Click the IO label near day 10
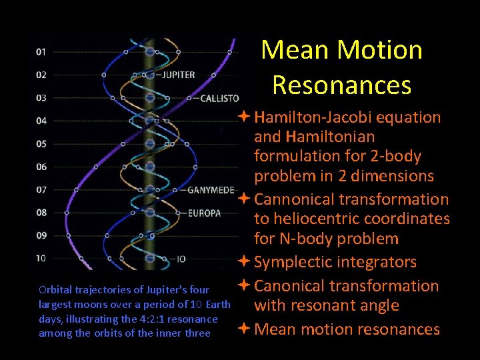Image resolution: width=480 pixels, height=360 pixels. pos(181,258)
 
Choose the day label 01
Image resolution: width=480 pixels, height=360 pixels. pos(41,51)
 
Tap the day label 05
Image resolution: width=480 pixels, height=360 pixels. pos(41,143)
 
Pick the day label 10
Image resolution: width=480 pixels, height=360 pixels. pos(41,258)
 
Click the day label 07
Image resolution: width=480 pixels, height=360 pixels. pos(41,189)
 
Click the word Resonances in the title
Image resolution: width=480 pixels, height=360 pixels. pos(341,85)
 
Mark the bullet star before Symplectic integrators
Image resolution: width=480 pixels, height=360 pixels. pos(245,262)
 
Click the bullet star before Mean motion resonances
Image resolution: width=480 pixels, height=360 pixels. pos(245,329)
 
